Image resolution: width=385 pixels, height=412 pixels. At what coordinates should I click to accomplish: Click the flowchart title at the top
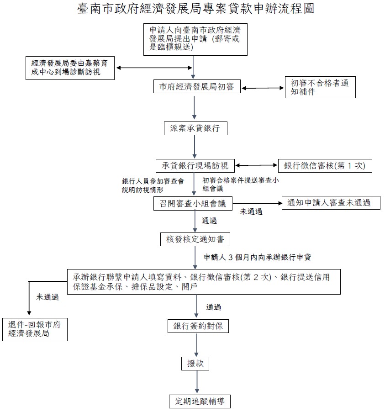[195, 9]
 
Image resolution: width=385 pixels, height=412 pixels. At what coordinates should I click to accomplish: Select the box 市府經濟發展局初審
[197, 87]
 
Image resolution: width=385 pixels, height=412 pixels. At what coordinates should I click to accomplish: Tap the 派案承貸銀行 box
[195, 128]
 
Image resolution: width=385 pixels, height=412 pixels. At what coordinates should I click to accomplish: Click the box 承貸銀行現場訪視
[195, 165]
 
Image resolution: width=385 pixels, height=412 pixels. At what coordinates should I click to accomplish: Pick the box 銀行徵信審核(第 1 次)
[325, 165]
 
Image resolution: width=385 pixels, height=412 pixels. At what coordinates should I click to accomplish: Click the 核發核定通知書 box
[195, 239]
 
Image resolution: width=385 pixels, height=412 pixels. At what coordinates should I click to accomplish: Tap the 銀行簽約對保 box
[198, 327]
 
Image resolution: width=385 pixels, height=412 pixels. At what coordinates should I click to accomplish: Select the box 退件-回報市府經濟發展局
[35, 329]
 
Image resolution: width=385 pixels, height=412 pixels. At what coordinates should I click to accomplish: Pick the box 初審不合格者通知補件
[320, 87]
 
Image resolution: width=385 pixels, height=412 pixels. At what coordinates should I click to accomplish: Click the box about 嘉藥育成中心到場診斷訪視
[70, 68]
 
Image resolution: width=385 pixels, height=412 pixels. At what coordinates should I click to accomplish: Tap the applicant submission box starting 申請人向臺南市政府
[195, 39]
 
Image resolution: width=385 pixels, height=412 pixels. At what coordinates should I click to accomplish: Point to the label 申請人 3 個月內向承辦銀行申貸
[257, 257]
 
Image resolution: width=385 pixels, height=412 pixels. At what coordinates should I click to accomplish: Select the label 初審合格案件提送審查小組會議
[241, 184]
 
